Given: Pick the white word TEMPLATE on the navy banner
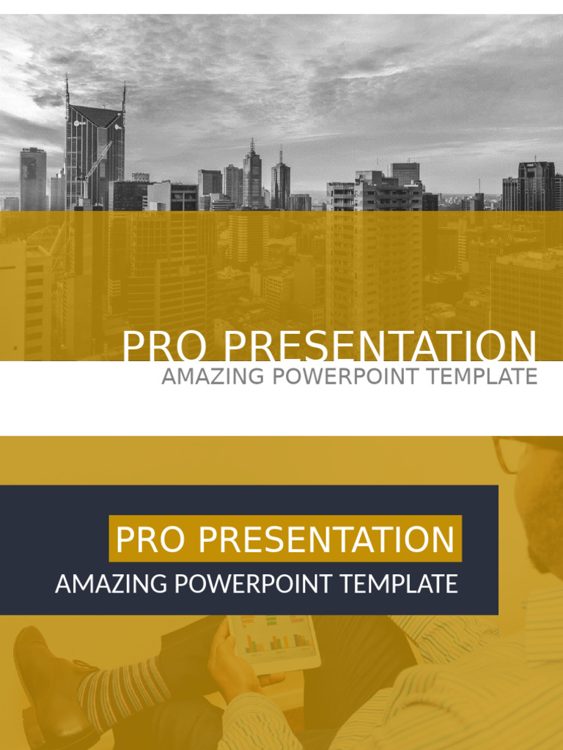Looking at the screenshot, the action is tap(398, 584).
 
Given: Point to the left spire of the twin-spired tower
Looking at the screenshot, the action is tap(67, 91).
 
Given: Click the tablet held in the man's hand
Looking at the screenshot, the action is tap(273, 642).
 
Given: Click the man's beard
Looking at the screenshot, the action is tap(545, 526).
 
